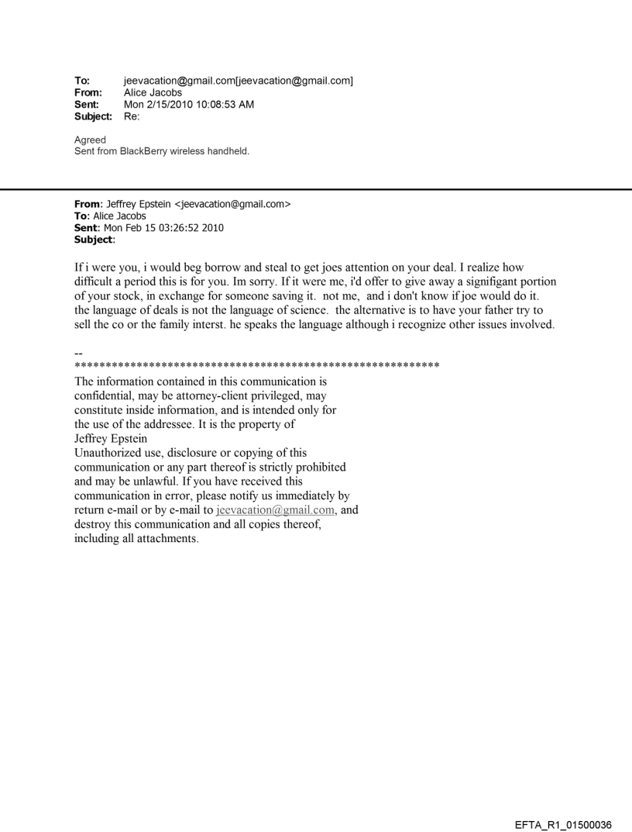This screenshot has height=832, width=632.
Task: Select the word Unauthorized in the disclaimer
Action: tap(109, 453)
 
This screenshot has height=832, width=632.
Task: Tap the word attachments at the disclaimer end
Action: tap(165, 540)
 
